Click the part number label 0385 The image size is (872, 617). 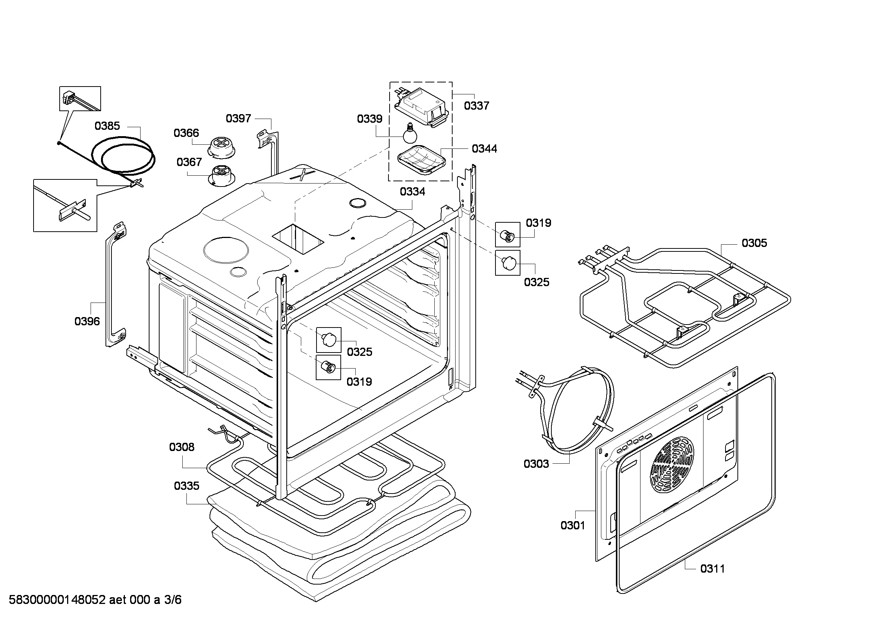point(107,126)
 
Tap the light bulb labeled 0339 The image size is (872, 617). point(410,133)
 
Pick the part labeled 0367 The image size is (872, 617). point(221,176)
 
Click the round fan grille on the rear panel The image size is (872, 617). point(672,465)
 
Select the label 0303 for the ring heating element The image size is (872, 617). point(536,464)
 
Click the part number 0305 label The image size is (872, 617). point(754,243)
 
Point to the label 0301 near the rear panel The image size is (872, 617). point(573,526)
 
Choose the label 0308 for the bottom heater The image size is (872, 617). point(182,447)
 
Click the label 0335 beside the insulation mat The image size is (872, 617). point(186,486)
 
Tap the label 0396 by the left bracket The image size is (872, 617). point(87,321)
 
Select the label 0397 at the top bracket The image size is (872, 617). point(238,118)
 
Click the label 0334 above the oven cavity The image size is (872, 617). point(412,191)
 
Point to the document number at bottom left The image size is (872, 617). point(95,599)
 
